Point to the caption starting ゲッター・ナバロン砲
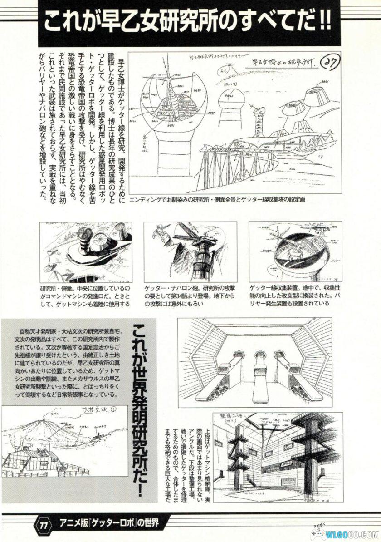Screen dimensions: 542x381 (194, 296)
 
